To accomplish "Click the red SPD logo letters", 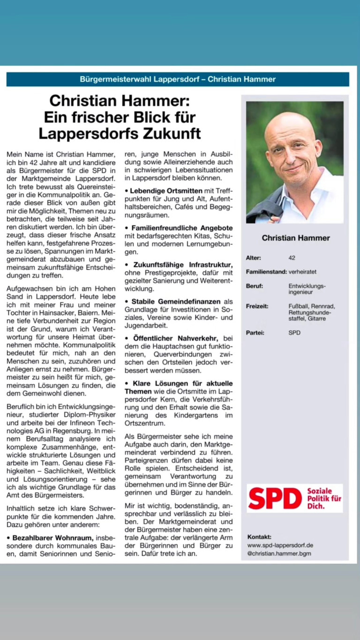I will pos(275,498).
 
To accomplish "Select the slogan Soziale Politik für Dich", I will pos(324,498).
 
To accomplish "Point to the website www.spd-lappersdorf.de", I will pos(280,545).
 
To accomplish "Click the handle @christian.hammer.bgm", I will pos(279,554).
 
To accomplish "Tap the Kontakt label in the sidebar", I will pos(259,537).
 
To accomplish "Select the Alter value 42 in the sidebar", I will pos(292,258).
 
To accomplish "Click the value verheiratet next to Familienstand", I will pos(303,272).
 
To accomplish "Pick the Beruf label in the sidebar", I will pos(255,286).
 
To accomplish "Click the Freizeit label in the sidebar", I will pos(257,306).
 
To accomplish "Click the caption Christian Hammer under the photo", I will pos(296,238).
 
